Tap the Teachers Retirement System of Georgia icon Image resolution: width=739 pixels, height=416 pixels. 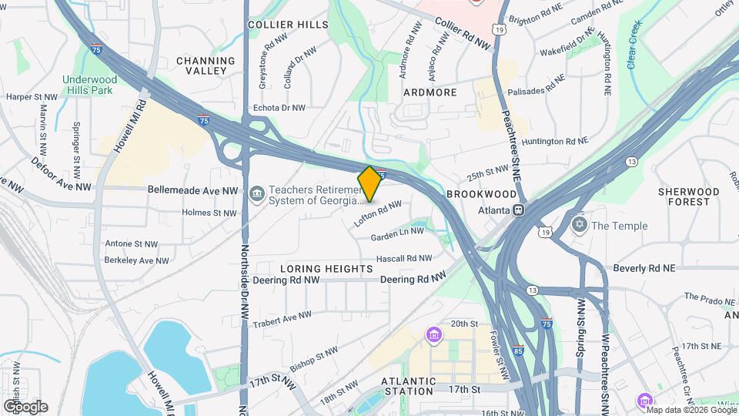pos(256,191)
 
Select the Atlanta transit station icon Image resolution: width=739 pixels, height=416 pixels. pos(520,210)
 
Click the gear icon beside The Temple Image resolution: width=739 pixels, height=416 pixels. pos(579,225)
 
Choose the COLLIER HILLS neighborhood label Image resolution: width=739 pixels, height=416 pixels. pos(288,25)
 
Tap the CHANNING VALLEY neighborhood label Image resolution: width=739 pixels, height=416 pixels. pos(206,65)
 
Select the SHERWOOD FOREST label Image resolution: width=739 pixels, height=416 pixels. pos(689,196)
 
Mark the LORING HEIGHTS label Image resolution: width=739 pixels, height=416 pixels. pos(326,269)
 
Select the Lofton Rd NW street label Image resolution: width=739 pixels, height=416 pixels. pos(378,213)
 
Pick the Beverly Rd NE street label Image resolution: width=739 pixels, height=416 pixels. pos(644,268)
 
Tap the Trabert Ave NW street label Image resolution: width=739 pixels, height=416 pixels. pos(283,317)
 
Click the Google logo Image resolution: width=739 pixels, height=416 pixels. pos(25,406)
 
